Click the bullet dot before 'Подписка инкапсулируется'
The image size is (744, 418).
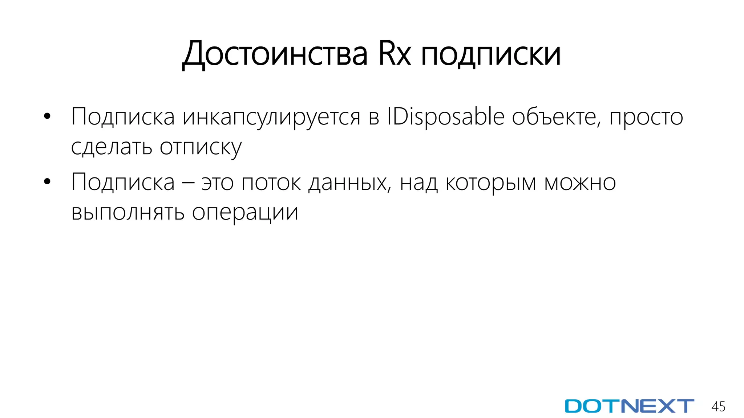[x=47, y=116]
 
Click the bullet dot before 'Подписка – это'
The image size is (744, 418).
[x=47, y=182]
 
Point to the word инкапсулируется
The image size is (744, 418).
[x=271, y=117]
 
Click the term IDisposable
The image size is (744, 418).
[x=445, y=117]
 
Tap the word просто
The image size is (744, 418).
[x=646, y=117]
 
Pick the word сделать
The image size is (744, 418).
[x=111, y=147]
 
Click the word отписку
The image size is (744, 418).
[x=201, y=147]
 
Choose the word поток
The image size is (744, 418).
[x=271, y=182]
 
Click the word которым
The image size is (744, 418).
[x=490, y=182]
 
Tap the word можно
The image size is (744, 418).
[x=580, y=182]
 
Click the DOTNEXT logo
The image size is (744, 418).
[x=629, y=406]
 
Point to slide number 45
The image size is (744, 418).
[x=718, y=406]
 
